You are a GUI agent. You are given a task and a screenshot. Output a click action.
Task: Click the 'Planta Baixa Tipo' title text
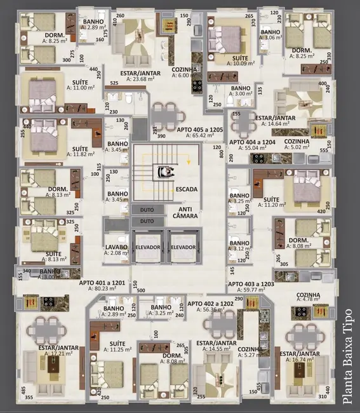347,356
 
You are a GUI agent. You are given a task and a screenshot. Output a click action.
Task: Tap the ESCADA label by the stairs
186,189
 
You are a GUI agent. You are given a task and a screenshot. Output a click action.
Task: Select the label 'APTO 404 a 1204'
252,142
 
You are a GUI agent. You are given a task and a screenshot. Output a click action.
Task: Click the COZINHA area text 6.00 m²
185,76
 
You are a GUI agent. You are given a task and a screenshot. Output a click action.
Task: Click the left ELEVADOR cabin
147,247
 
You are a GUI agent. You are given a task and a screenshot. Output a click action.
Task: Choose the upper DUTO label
147,208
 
